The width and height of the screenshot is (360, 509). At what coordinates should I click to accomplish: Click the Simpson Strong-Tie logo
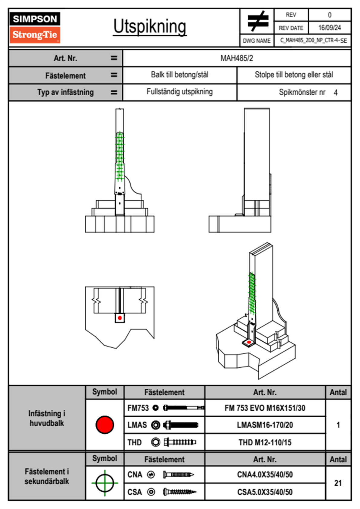pyautogui.click(x=35, y=27)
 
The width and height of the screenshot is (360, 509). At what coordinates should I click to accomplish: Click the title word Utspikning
pyautogui.click(x=150, y=27)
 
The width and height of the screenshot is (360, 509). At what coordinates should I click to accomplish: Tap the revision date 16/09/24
pyautogui.click(x=329, y=28)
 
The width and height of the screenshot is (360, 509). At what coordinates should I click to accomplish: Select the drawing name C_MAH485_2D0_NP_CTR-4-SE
pyautogui.click(x=313, y=41)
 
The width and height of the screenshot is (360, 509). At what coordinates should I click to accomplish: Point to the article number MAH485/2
pyautogui.click(x=237, y=58)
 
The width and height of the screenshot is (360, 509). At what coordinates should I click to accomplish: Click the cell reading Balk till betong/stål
pyautogui.click(x=180, y=75)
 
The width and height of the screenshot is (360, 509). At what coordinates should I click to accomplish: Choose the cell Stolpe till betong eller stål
pyautogui.click(x=294, y=75)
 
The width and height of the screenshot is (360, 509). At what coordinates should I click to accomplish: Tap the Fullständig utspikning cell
pyautogui.click(x=180, y=92)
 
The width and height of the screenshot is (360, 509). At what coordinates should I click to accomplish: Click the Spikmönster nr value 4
pyautogui.click(x=335, y=93)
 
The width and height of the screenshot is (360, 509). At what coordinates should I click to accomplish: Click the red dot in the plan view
pyautogui.click(x=120, y=318)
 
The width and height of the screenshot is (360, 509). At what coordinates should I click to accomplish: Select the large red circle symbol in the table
pyautogui.click(x=105, y=425)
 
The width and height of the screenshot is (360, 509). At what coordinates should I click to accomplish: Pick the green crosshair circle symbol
pyautogui.click(x=105, y=483)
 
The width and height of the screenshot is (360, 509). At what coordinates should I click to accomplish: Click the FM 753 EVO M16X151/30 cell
pyautogui.click(x=265, y=408)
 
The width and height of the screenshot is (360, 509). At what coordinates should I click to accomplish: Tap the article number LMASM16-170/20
pyautogui.click(x=265, y=425)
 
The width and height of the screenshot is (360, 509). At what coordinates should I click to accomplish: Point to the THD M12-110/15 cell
pyautogui.click(x=265, y=442)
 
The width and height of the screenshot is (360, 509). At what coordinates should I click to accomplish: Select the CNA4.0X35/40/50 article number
pyautogui.click(x=265, y=475)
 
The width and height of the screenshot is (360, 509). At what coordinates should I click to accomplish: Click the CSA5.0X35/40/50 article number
pyautogui.click(x=265, y=492)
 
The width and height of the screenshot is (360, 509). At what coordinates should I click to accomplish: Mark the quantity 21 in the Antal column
pyautogui.click(x=338, y=483)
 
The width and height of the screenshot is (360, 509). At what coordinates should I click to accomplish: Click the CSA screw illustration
pyautogui.click(x=179, y=492)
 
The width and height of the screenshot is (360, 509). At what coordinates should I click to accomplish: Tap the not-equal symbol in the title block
pyautogui.click(x=257, y=21)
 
